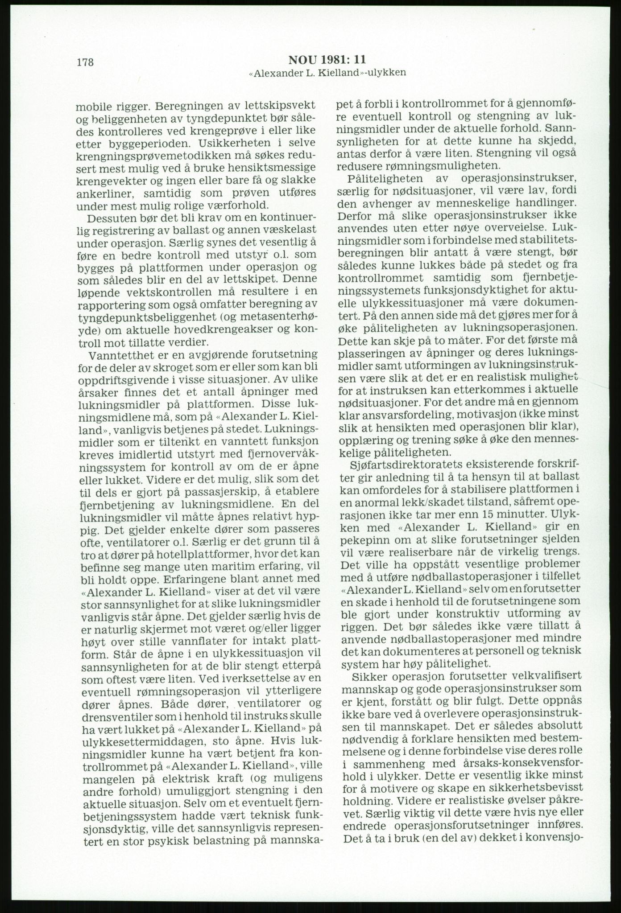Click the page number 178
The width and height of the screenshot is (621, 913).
(x=85, y=62)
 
